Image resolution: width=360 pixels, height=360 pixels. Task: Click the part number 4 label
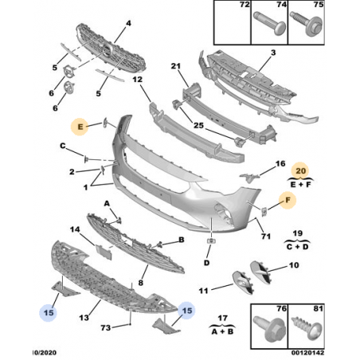coord(128,23)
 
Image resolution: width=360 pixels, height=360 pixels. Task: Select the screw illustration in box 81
coord(307,329)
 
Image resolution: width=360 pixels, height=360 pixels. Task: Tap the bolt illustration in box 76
coord(268,328)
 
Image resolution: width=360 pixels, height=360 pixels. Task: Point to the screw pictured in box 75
coord(307,24)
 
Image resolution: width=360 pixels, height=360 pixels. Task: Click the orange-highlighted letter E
coord(80,127)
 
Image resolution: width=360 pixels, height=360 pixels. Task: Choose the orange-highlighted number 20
coord(300,170)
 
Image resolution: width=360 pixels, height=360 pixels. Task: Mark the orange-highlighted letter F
coord(288,200)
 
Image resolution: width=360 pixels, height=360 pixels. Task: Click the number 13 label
coord(84,317)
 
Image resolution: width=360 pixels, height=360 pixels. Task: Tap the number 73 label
coord(106,327)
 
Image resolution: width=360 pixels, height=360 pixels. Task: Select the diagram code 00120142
coord(307,353)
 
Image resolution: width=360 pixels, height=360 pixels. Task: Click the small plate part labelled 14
coord(104,252)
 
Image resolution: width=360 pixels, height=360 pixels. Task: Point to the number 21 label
coord(175,66)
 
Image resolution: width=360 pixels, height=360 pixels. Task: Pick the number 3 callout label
coord(273,53)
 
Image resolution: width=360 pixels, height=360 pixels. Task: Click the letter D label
coord(206,263)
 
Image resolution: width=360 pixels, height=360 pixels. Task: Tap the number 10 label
coord(294,265)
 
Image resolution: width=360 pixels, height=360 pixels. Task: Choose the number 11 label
coord(203,291)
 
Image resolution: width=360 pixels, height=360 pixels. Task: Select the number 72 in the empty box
coord(245,5)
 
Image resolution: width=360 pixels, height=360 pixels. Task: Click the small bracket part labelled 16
coord(249,178)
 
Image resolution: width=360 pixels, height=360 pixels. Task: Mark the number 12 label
coord(138,79)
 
